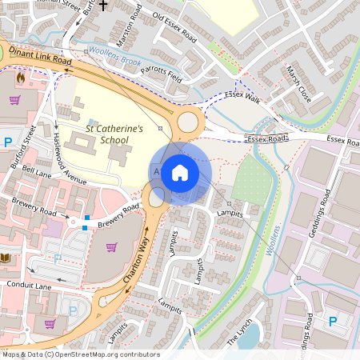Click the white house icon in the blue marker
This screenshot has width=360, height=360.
(180, 173)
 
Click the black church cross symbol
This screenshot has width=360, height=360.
(102, 4)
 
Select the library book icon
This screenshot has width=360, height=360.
(7, 258)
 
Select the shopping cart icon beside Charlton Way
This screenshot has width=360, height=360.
(112, 246)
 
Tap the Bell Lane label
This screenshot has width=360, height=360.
(37, 171)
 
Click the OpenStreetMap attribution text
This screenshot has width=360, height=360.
(80, 354)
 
